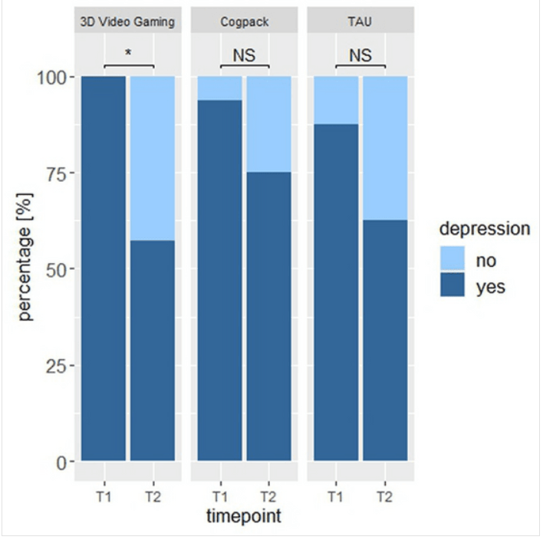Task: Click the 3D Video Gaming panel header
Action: pos(127,21)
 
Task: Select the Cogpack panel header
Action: pos(243,21)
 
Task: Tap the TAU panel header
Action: pos(359,21)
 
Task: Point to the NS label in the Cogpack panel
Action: pos(244,55)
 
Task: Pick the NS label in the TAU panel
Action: pos(360,55)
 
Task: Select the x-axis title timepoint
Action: pos(244,516)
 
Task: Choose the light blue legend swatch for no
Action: pos(452,260)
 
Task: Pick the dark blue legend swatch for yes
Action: pos(452,286)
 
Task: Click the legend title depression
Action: pos(484,229)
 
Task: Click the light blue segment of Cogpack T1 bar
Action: pos(220,88)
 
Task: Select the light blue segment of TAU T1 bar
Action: pos(336,100)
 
